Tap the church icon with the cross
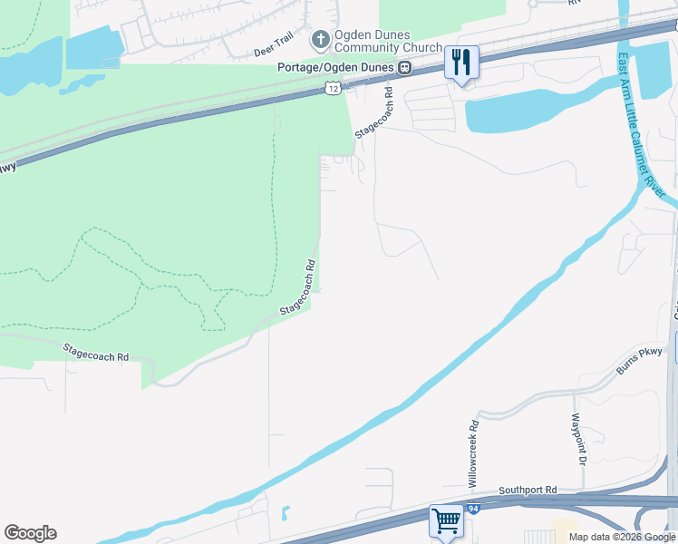pos(319,40)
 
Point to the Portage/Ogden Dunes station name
pos(337,67)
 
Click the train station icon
pos(406,67)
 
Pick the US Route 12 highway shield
pos(333,88)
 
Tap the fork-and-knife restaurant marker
pos(461,63)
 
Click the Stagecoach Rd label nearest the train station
pos(375,112)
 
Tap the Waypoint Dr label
pos(576,438)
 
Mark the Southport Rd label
pos(527,491)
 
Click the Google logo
pos(30,533)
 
